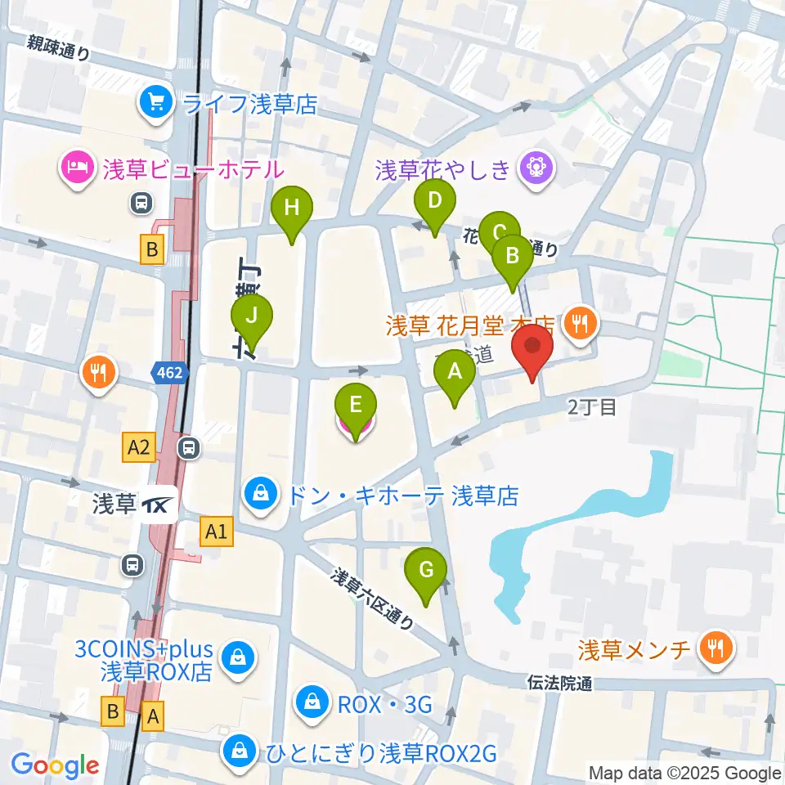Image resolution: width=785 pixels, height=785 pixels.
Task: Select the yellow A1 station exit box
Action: click(216, 533)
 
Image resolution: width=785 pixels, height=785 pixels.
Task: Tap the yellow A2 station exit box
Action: click(138, 446)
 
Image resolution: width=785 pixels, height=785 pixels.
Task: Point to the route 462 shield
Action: click(170, 374)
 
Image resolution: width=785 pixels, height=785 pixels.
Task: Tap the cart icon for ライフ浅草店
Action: click(155, 102)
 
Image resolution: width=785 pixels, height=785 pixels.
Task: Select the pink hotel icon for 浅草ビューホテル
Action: click(77, 168)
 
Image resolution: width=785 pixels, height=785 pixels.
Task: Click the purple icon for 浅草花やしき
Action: click(536, 169)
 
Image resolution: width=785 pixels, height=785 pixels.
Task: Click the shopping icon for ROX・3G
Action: click(312, 702)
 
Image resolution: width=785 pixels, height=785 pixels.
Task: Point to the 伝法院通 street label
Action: click(560, 683)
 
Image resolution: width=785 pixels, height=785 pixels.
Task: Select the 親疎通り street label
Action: click(59, 49)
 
